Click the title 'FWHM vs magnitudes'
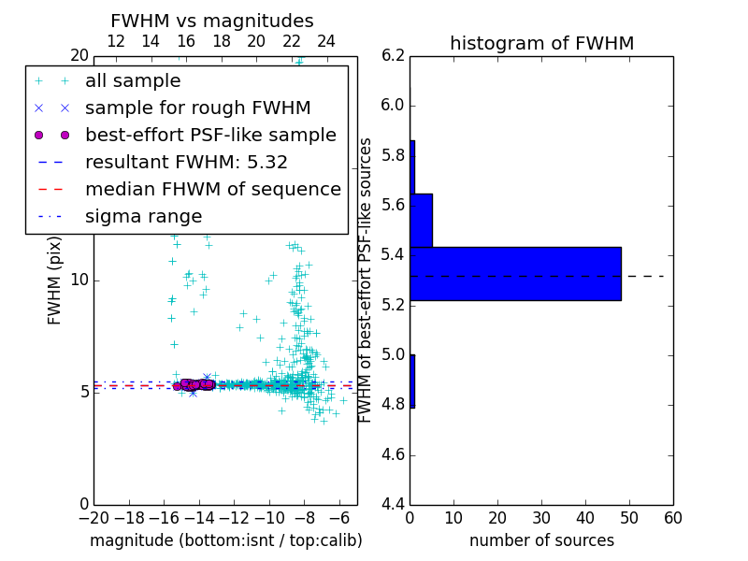pos(211,21)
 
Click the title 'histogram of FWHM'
pos(541,43)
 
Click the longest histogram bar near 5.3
pos(515,274)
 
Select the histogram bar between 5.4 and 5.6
pos(421,220)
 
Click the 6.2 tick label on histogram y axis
pos(393,55)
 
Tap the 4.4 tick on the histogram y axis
pos(393,505)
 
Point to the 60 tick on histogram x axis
pos(672,518)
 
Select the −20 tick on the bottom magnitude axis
pos(93,518)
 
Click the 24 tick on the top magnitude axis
pos(326,41)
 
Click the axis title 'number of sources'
pos(541,540)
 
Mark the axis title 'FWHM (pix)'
pos(55,280)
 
